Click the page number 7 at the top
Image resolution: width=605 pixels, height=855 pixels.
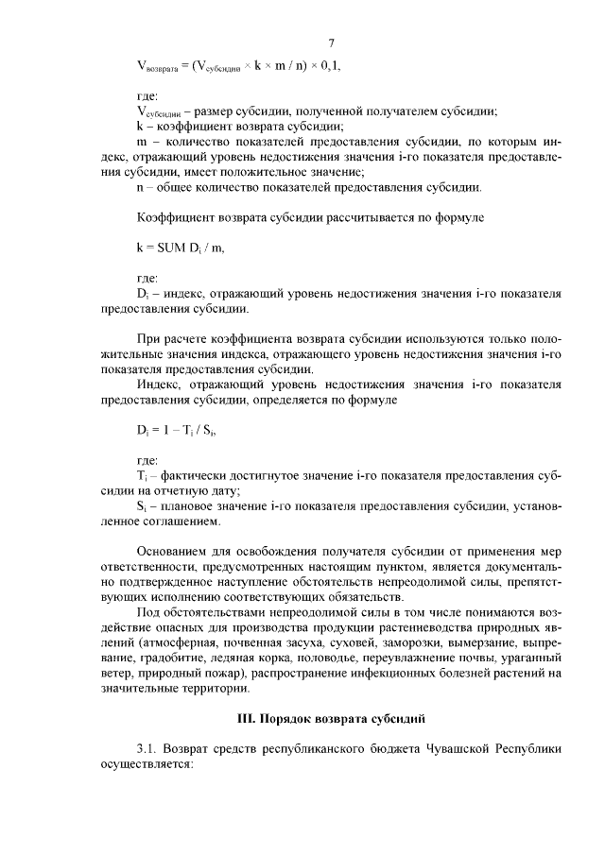(x=333, y=43)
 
